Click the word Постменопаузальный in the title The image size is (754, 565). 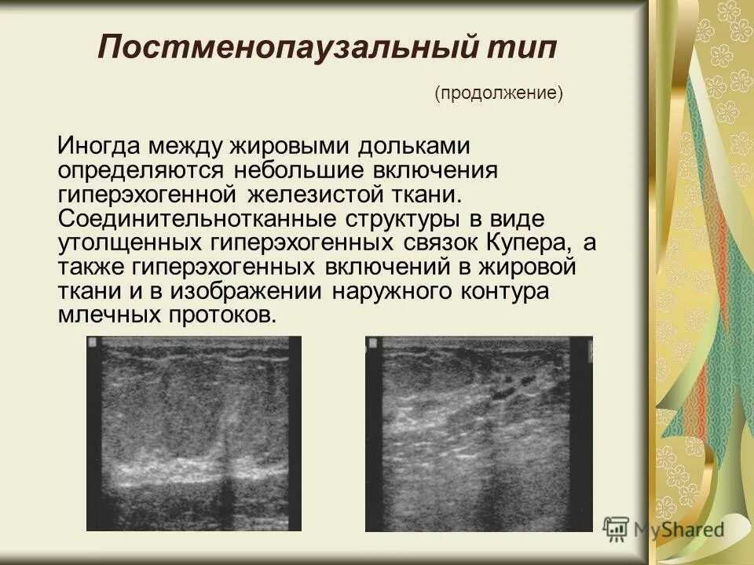click(x=286, y=48)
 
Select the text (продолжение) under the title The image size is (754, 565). click(x=500, y=93)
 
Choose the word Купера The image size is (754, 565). click(x=534, y=242)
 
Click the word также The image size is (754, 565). click(x=91, y=267)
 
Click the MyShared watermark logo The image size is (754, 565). click(x=664, y=529)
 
